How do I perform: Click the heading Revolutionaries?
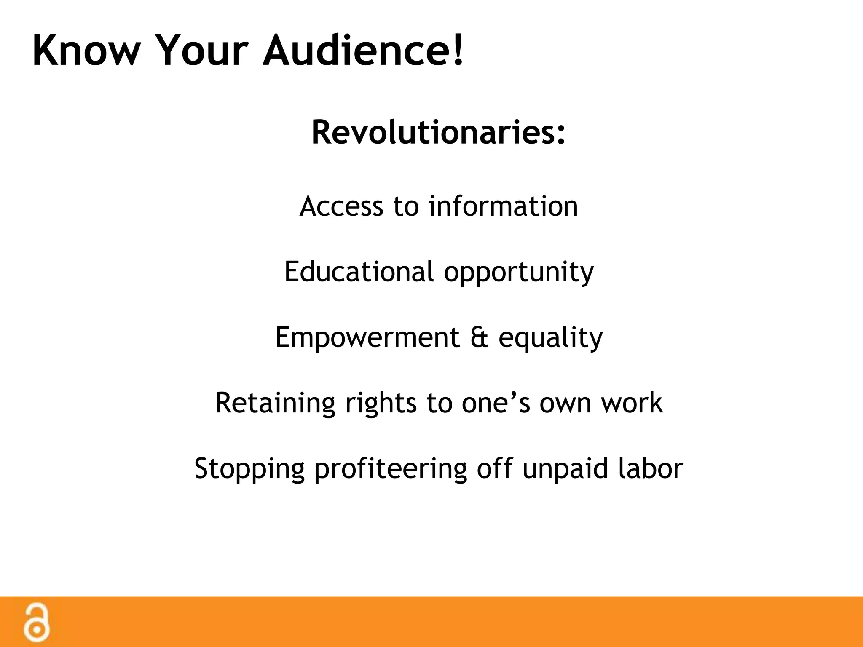(438, 132)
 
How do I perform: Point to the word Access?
(341, 206)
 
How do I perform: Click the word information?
(503, 206)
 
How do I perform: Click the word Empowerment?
(367, 338)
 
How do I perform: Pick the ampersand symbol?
(479, 338)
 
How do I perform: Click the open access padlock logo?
(37, 623)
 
